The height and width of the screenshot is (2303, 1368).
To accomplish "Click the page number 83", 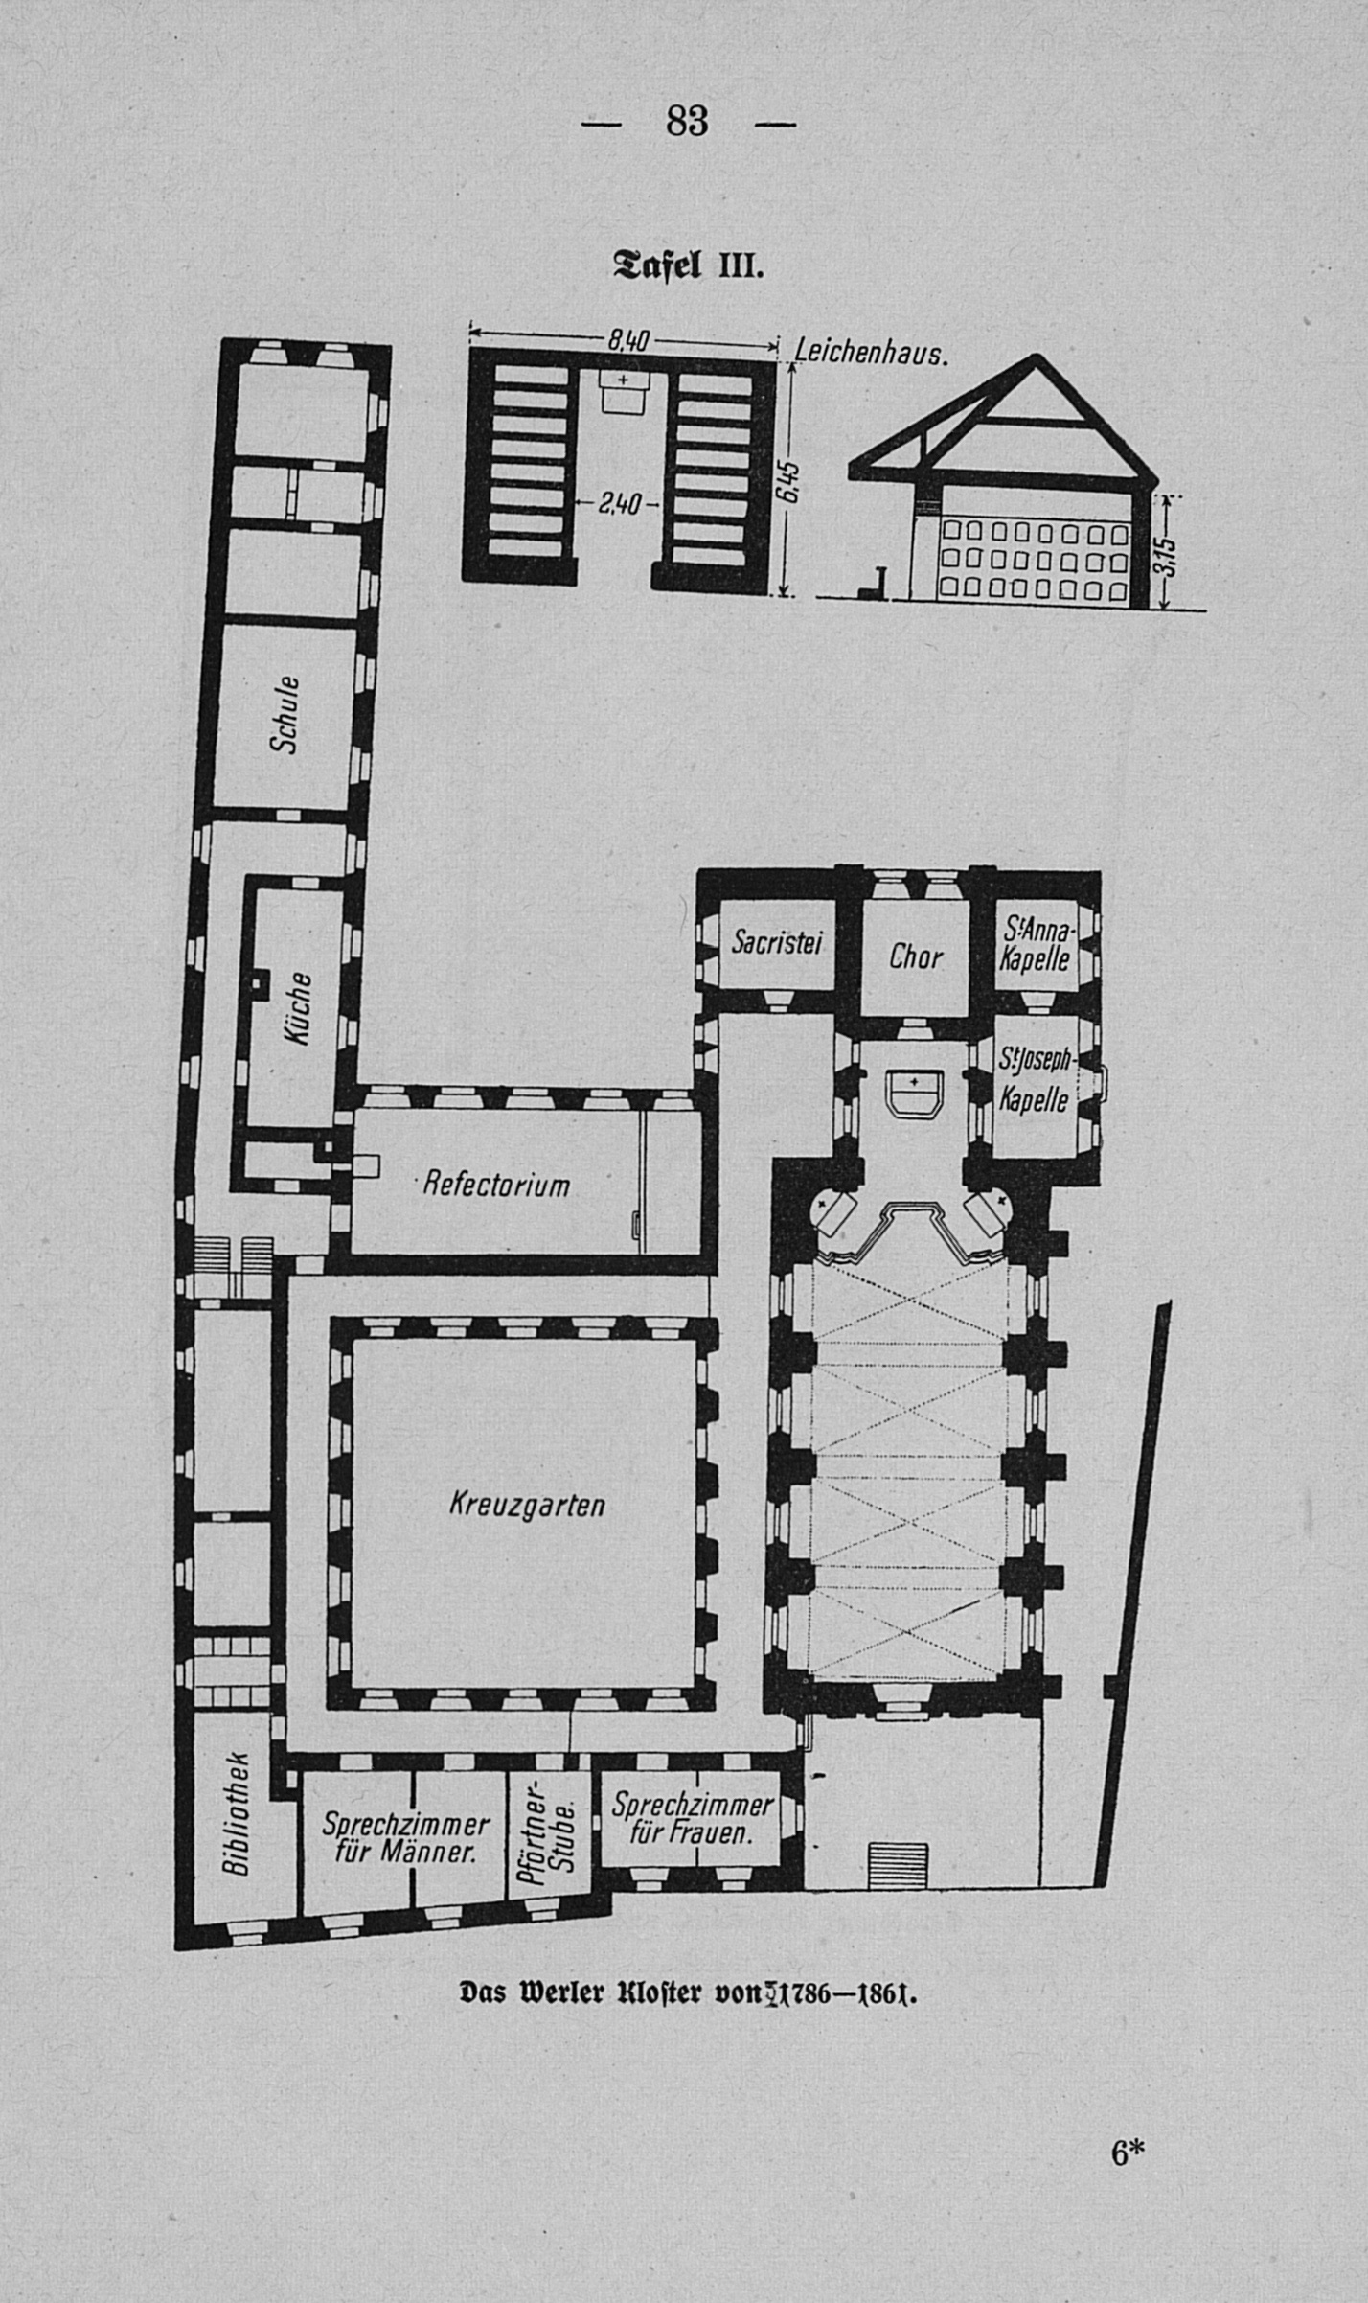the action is coord(687,122).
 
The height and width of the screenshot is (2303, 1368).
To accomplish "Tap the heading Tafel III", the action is coord(687,263).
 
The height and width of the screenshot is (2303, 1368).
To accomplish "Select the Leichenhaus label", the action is coord(870,355).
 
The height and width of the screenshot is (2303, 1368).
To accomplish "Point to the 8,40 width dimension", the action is coord(629,340).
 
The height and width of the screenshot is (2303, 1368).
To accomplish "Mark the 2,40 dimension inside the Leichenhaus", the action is coord(618,503).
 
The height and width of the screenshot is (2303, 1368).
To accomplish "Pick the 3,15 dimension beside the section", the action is coord(1165,556).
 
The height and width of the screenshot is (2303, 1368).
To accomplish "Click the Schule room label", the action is coord(285,714).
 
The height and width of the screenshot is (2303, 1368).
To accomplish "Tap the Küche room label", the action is coord(297,1008).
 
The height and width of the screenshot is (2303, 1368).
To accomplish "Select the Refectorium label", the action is coord(496,1185).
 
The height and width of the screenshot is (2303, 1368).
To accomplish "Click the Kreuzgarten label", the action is coord(527,1505).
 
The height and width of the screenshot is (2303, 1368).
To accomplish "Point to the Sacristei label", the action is coord(778,943).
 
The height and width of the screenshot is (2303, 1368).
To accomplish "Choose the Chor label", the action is coord(916,956).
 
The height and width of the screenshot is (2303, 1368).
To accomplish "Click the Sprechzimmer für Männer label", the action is coord(405,1838).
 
